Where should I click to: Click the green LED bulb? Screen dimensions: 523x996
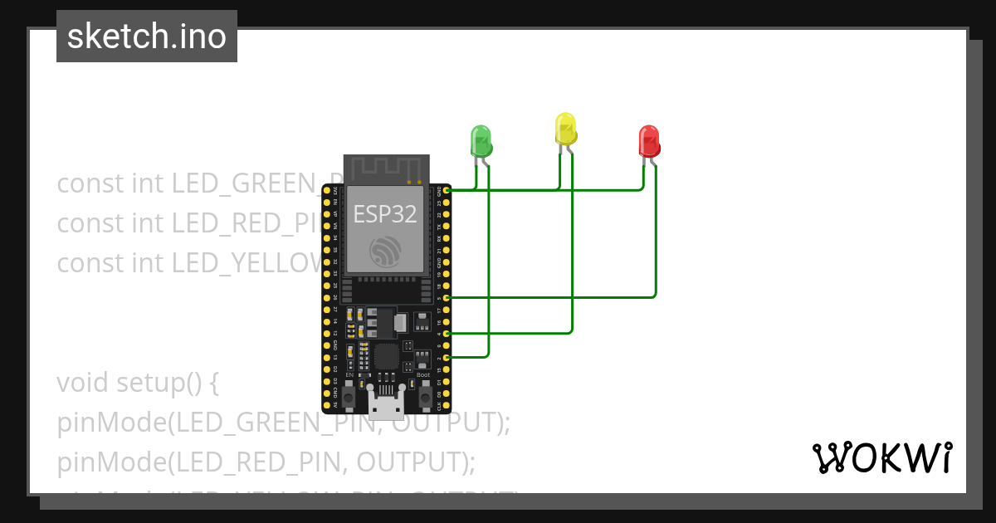coord(481,139)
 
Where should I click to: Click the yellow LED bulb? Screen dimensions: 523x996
coord(565,129)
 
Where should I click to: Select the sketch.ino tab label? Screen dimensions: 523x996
coord(147,37)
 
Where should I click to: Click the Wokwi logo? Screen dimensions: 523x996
coord(881,458)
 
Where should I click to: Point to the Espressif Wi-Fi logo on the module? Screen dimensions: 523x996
coord(386,251)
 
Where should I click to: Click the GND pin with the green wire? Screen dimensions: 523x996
coord(447,190)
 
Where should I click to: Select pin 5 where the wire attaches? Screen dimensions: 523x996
coord(447,297)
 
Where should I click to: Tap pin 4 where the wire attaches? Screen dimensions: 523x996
coord(447,333)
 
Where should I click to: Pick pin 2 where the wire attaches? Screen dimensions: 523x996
coord(447,357)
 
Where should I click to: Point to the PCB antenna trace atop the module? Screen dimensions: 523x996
coord(386,169)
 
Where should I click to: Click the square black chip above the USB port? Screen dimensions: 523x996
coord(386,357)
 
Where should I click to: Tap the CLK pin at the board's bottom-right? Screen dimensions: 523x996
coord(447,405)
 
